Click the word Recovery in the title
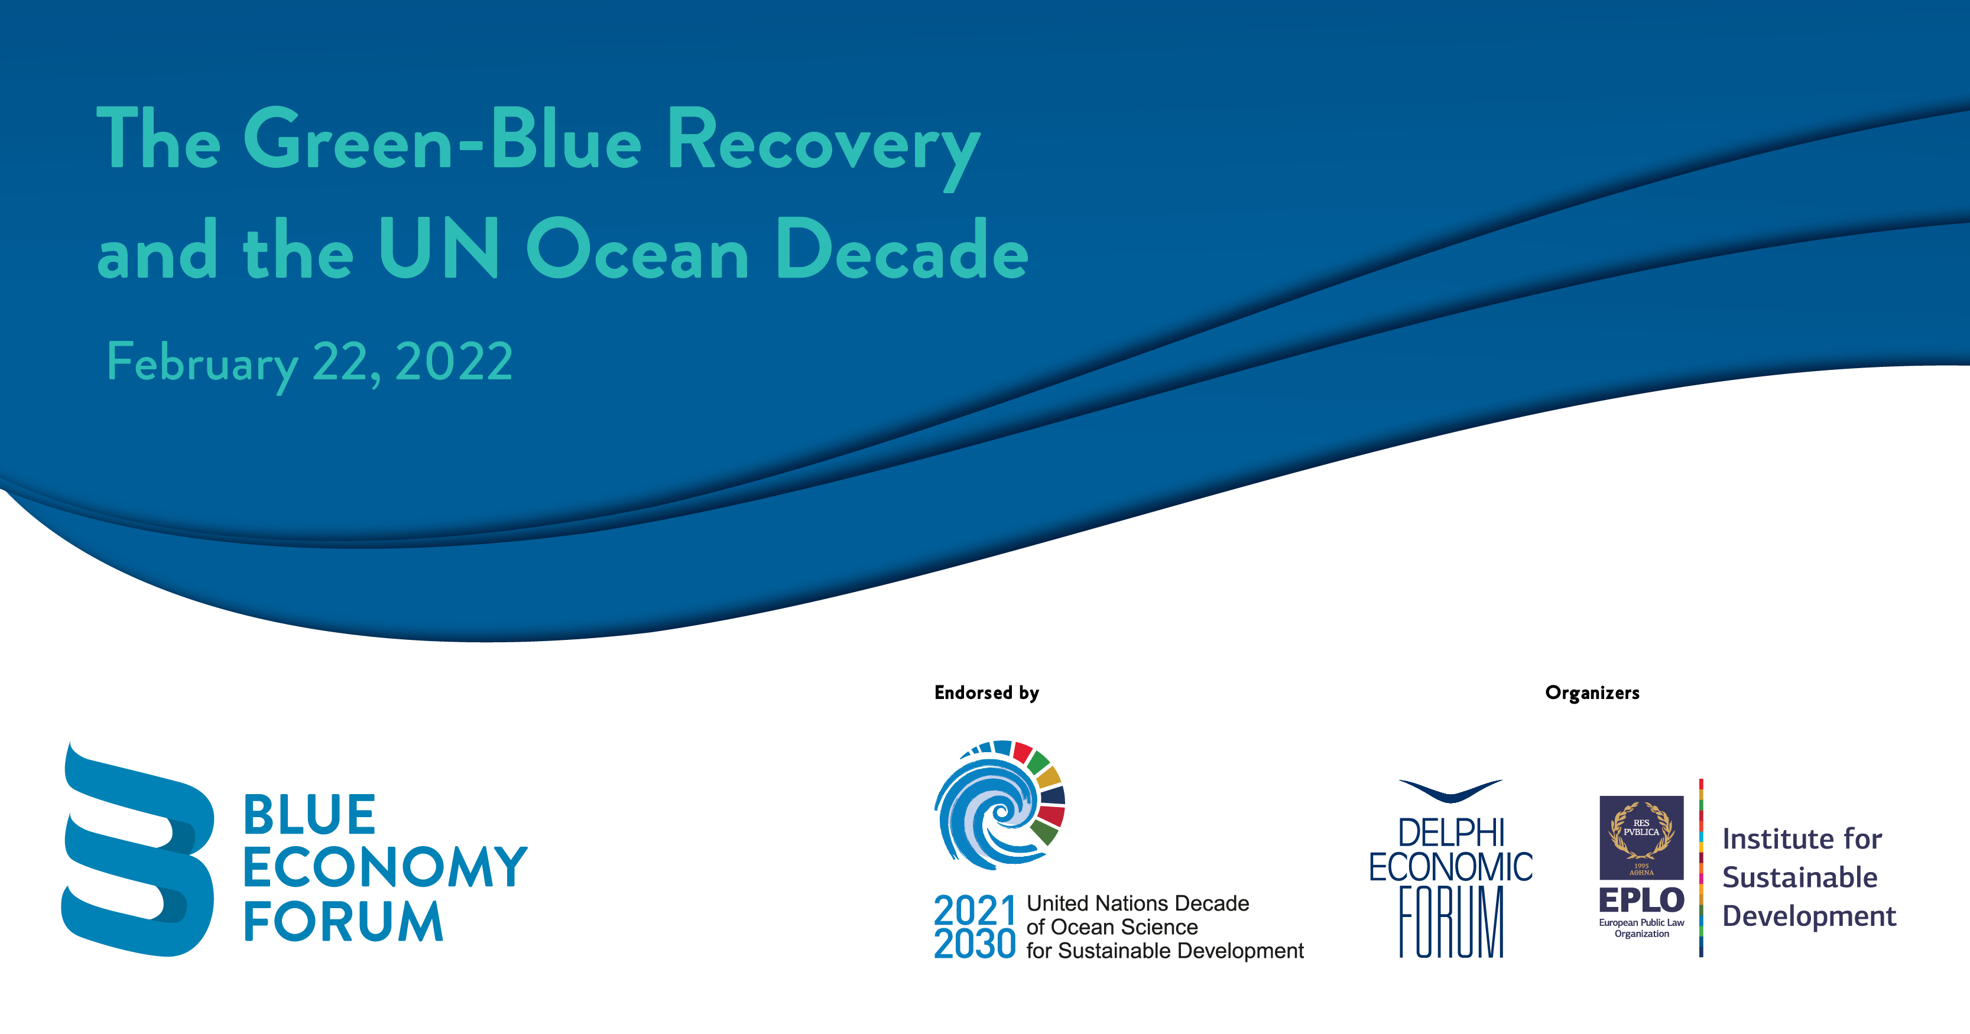tap(823, 145)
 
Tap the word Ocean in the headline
tap(638, 249)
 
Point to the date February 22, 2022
tap(310, 365)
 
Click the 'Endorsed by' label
tap(986, 693)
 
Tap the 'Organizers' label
tap(1592, 693)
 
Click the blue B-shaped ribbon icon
tap(138, 848)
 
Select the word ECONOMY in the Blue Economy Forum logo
tap(385, 867)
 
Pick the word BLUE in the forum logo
tap(309, 815)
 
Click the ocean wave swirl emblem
tap(999, 805)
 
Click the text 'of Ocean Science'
tap(1112, 927)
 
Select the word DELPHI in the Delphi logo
tap(1450, 833)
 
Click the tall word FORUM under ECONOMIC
tap(1450, 922)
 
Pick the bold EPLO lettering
tap(1642, 900)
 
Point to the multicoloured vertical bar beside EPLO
tap(1701, 868)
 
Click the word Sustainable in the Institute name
tap(1799, 877)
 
